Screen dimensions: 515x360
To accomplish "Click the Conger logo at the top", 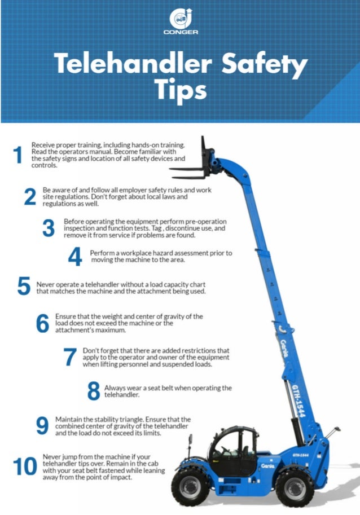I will click(179, 21).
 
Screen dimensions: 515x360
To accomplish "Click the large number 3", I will click(49, 228).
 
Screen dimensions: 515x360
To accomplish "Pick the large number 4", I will click(74, 257).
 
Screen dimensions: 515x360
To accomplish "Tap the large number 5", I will click(23, 287).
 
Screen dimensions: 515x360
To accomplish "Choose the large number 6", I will click(43, 323).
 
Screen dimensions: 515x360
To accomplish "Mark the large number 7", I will click(69, 357).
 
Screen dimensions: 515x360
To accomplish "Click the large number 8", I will click(94, 391).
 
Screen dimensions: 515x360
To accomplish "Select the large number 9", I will click(42, 426).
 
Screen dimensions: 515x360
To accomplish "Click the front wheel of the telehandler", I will click(190, 485).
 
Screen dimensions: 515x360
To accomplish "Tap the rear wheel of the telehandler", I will click(294, 486).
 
